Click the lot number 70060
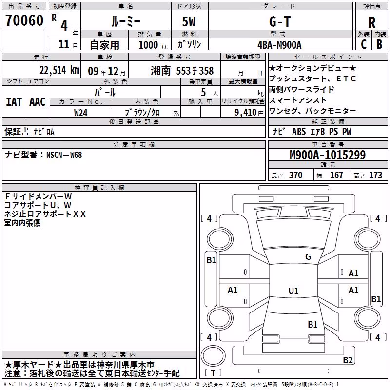point(24,20)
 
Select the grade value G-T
point(280,21)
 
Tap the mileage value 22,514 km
point(59,70)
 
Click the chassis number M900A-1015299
point(328,155)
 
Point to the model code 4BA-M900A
point(279,45)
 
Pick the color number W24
point(80,113)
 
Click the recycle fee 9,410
point(246,112)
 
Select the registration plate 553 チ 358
point(195,71)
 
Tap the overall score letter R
point(371,22)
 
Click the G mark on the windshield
point(308,256)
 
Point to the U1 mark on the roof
point(293,291)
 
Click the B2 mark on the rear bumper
point(348,360)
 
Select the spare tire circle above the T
point(213,355)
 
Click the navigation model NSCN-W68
point(64,155)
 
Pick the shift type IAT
point(14,102)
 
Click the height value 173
point(375,175)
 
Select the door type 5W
point(189,21)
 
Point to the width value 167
point(336,175)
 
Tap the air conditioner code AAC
point(38,102)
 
